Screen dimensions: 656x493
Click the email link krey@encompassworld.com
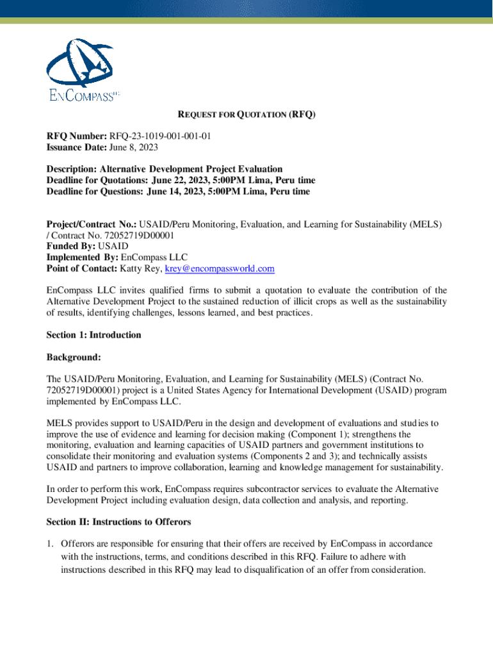tap(220, 268)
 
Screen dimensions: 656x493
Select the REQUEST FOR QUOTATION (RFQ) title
tap(247, 115)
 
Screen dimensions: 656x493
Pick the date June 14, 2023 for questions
tap(179, 191)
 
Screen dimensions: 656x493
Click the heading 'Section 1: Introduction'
tap(93, 335)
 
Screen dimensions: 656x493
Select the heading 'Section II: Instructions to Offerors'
tap(118, 521)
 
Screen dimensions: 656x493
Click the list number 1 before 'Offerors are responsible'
tap(49, 544)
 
